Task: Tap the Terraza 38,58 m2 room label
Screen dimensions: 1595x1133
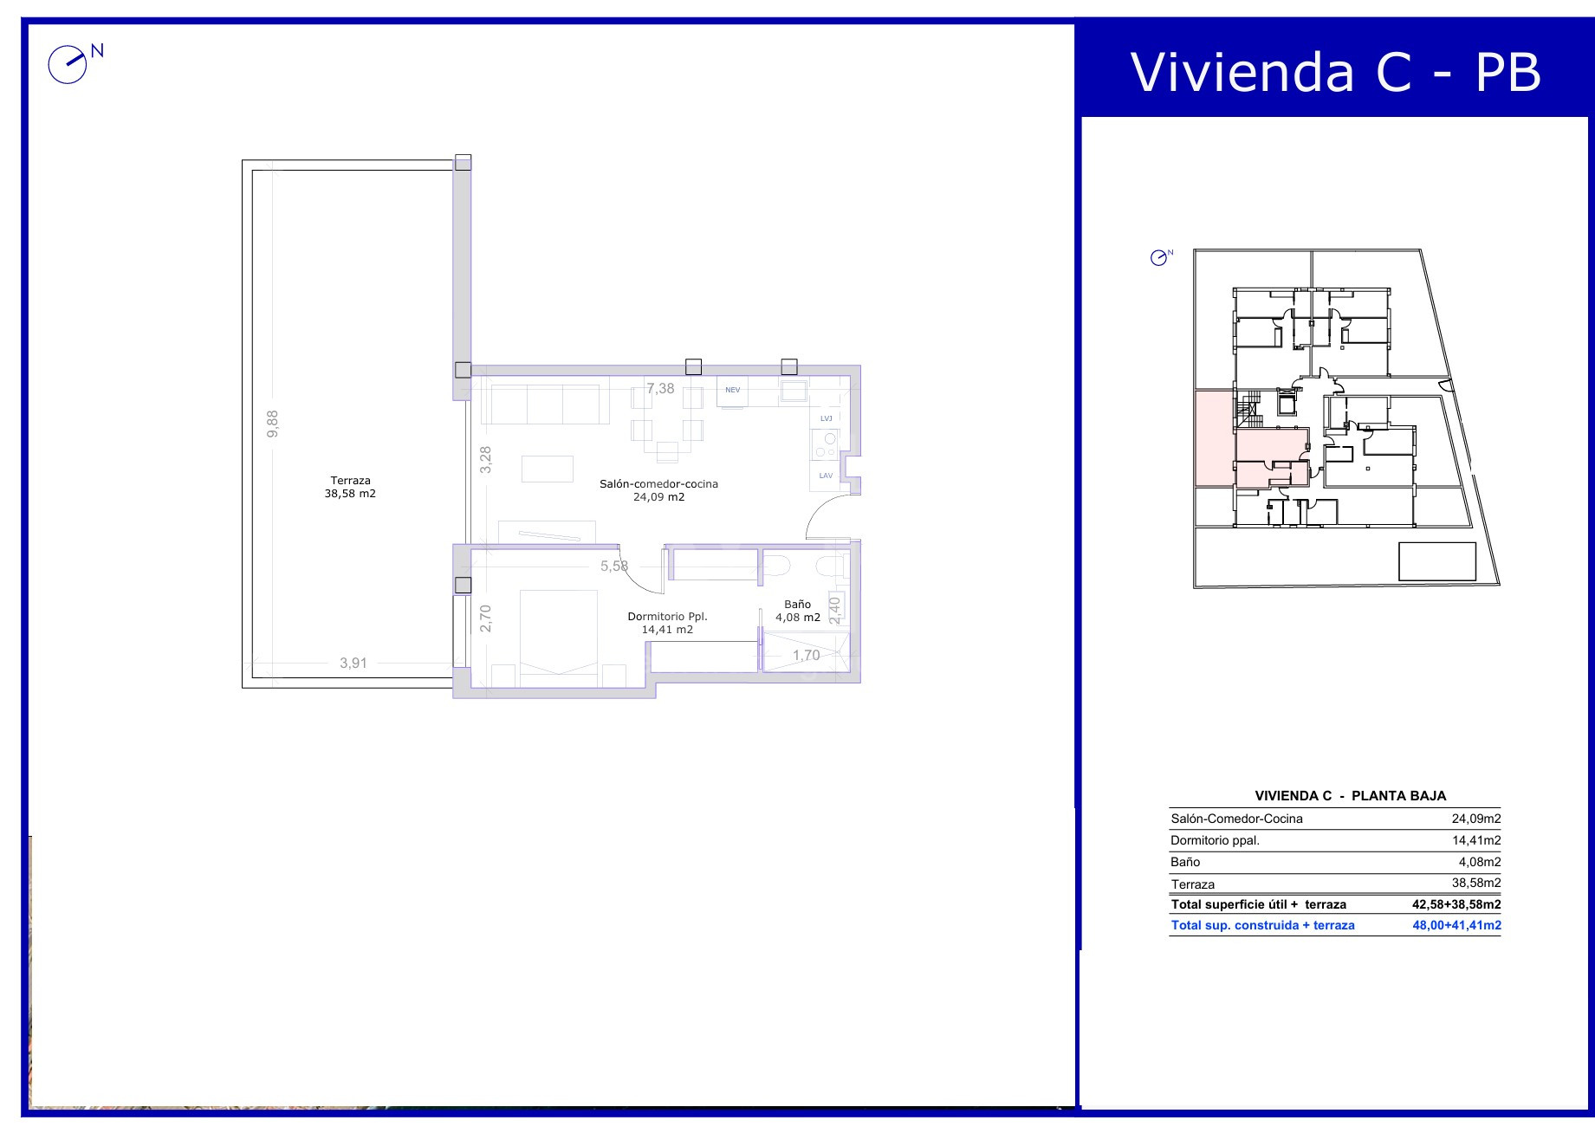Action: click(350, 487)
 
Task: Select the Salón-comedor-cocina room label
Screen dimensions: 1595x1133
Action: click(658, 490)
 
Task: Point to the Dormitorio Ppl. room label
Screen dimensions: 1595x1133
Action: click(667, 623)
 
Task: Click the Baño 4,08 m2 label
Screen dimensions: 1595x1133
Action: click(798, 611)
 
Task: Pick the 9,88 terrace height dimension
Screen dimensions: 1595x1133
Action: click(273, 424)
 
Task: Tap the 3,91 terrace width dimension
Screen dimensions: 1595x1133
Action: click(353, 664)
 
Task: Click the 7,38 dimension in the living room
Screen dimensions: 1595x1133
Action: click(660, 389)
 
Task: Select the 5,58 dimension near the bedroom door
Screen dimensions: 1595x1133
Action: click(614, 566)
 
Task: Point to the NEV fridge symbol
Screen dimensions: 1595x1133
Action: click(732, 391)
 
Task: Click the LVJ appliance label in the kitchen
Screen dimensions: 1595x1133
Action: click(826, 419)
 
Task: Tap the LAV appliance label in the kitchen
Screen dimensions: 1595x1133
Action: click(826, 476)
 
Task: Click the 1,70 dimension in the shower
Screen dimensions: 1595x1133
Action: click(806, 656)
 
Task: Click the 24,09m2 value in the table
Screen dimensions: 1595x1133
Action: click(1476, 819)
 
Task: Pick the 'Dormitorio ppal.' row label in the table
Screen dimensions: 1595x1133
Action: click(1215, 840)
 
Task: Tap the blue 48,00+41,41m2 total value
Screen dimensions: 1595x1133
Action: click(1456, 925)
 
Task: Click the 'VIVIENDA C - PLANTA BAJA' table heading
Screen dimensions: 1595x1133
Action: click(1351, 796)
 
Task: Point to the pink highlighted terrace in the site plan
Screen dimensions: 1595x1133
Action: click(1215, 438)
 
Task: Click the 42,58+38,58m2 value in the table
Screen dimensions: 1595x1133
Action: click(1456, 904)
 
